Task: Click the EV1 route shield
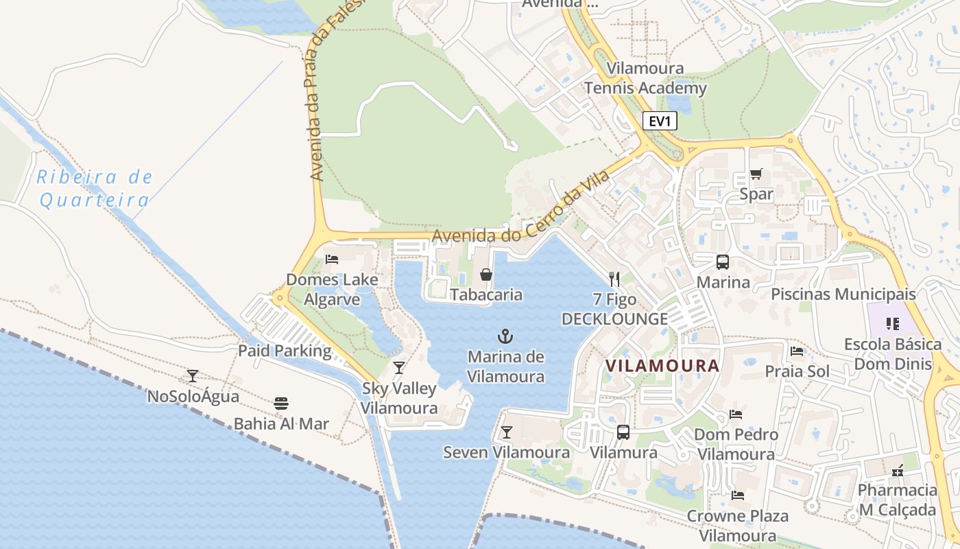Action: pyautogui.click(x=660, y=121)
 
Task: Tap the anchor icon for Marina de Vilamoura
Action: pyautogui.click(x=505, y=336)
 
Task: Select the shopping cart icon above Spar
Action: pyautogui.click(x=756, y=174)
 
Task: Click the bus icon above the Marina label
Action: pyautogui.click(x=723, y=261)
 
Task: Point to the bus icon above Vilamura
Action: pyautogui.click(x=623, y=432)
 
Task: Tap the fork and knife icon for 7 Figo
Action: pyautogui.click(x=614, y=279)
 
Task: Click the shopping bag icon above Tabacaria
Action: pyautogui.click(x=486, y=274)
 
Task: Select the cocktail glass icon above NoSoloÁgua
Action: pyautogui.click(x=193, y=375)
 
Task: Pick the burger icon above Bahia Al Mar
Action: pyautogui.click(x=281, y=403)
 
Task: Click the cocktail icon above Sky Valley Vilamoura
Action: pyautogui.click(x=399, y=367)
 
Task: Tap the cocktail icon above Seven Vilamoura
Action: pyautogui.click(x=506, y=432)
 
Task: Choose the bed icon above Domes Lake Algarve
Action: pyautogui.click(x=333, y=259)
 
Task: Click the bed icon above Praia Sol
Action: pyautogui.click(x=797, y=351)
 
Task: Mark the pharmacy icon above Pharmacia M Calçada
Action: pyautogui.click(x=897, y=470)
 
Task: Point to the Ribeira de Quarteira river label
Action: pyautogui.click(x=95, y=188)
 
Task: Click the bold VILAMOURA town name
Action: pyautogui.click(x=663, y=366)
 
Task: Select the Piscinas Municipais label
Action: pyautogui.click(x=843, y=294)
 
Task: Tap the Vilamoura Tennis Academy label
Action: pyautogui.click(x=645, y=78)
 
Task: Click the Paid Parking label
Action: pyautogui.click(x=285, y=351)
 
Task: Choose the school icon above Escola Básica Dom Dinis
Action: pyautogui.click(x=892, y=323)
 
